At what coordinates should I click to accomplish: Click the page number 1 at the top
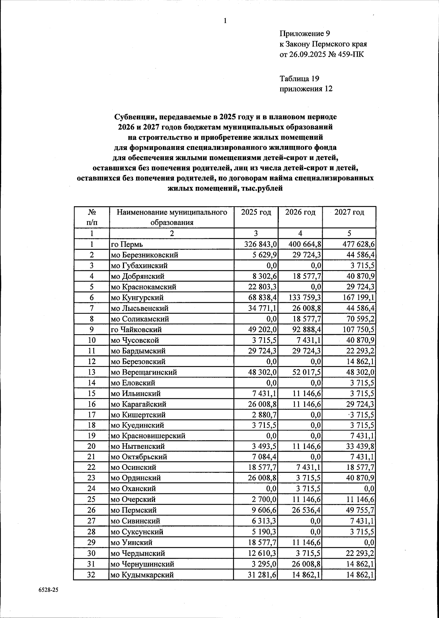(x=225, y=21)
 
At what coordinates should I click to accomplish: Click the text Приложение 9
(x=305, y=34)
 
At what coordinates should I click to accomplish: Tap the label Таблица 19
(x=299, y=78)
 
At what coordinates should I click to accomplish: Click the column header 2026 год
(x=300, y=212)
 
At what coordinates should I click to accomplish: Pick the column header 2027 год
(x=349, y=212)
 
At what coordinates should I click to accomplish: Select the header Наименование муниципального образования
(x=172, y=217)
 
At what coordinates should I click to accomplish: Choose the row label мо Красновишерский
(x=148, y=436)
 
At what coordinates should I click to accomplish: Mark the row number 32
(x=91, y=574)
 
